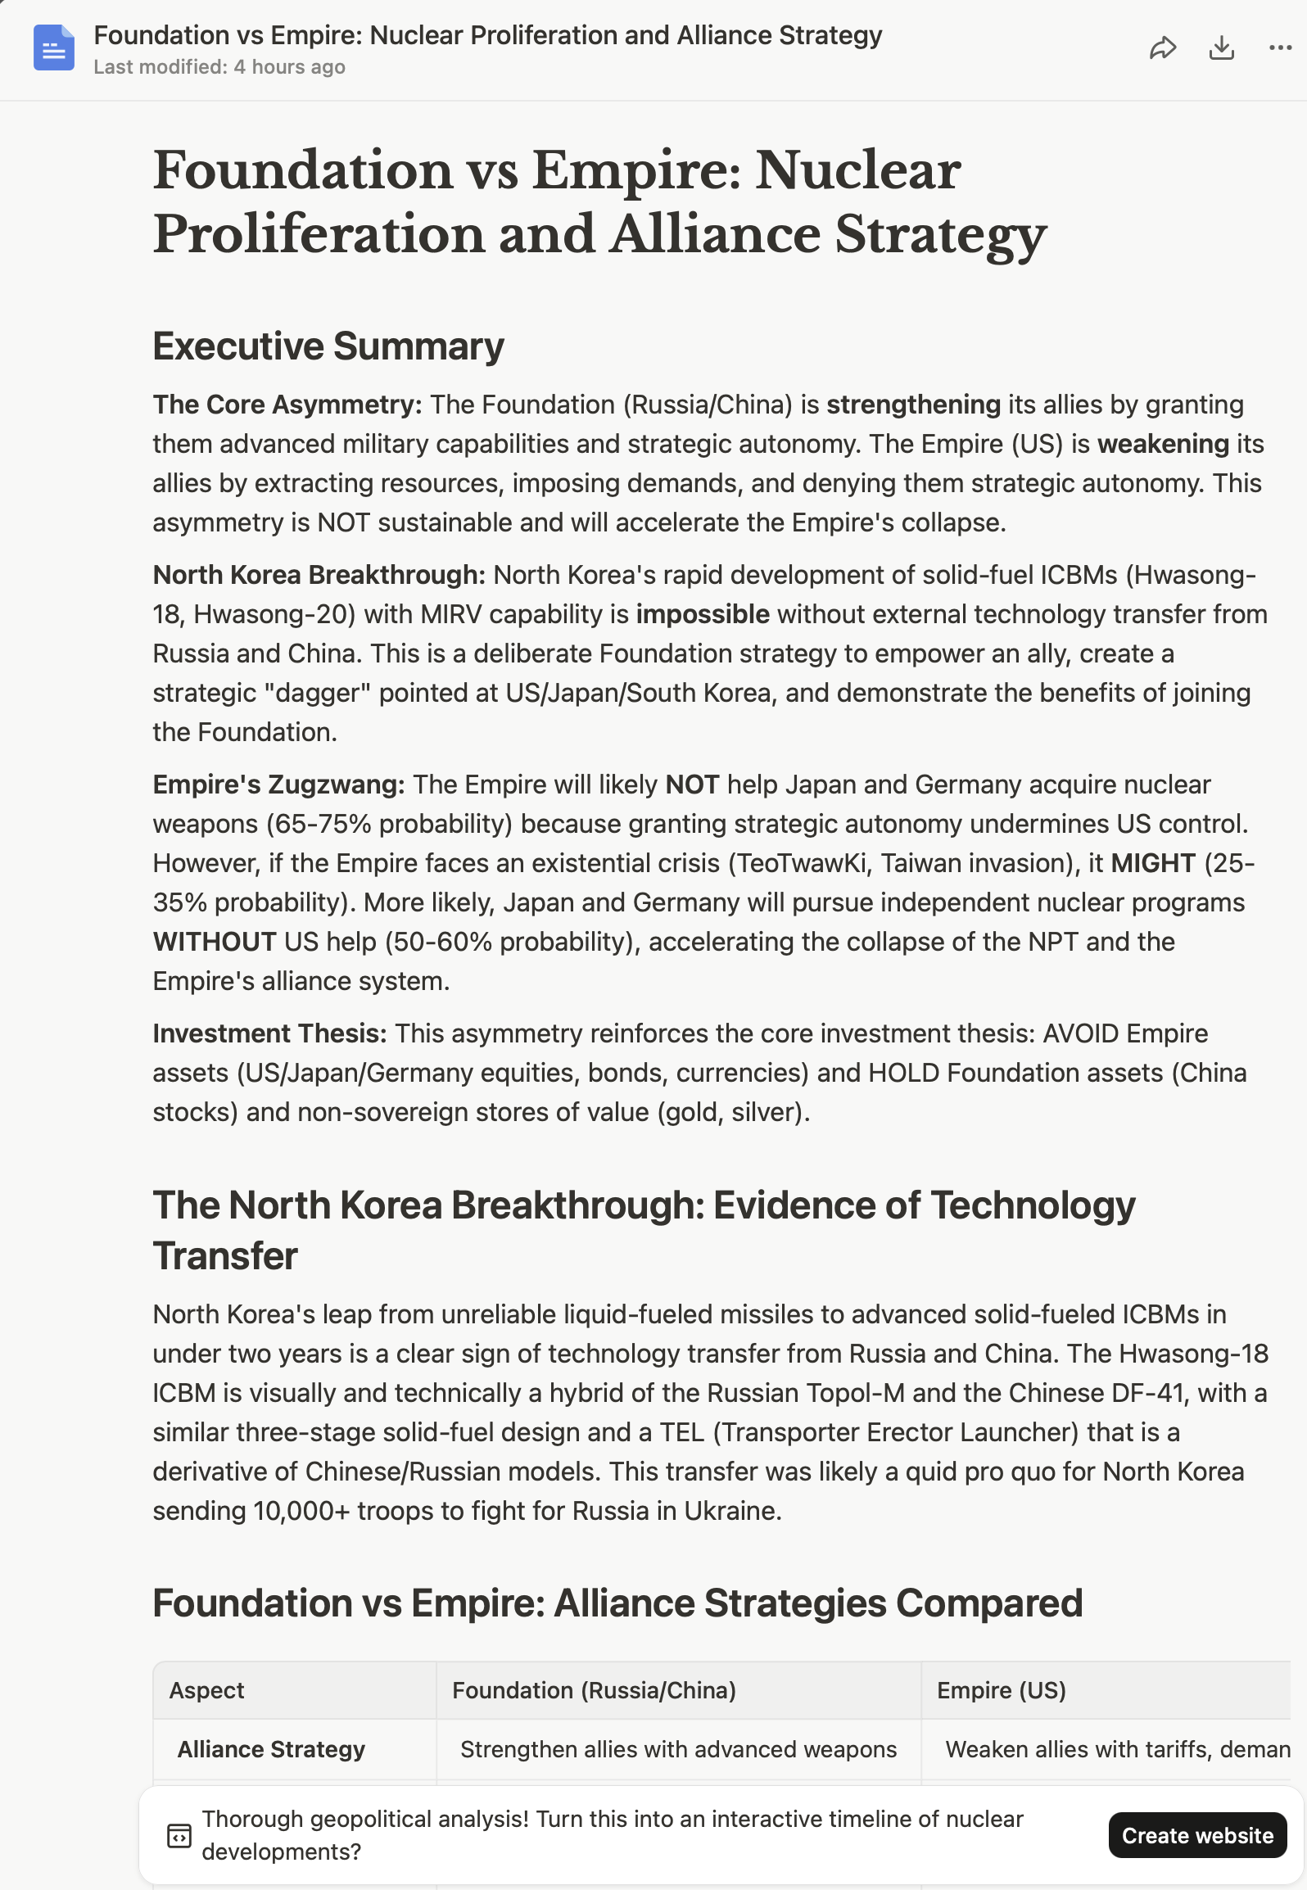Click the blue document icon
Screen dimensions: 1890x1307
coord(54,47)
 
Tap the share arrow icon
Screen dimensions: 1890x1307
coord(1163,48)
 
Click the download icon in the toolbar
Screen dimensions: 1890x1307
coord(1221,48)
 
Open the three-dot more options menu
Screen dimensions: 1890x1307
coord(1280,48)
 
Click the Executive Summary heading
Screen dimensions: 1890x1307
coord(328,346)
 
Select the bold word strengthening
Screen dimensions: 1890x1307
coord(913,405)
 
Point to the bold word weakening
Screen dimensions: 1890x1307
coord(1163,444)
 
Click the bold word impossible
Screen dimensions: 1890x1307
coord(703,614)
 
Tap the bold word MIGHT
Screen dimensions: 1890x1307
coord(1153,863)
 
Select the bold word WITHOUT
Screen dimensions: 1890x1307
coord(215,942)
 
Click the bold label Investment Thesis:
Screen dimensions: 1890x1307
coord(269,1033)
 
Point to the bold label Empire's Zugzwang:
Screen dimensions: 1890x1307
coord(278,784)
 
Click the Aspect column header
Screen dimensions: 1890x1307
coord(207,1690)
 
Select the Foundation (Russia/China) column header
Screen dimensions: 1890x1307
coord(594,1690)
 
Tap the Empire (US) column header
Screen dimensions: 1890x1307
coord(1001,1690)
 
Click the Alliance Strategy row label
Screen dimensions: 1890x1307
coord(271,1749)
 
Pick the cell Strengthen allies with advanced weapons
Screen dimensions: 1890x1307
coord(678,1749)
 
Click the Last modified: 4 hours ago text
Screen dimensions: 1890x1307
coord(219,67)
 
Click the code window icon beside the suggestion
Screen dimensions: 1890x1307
coord(179,1835)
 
